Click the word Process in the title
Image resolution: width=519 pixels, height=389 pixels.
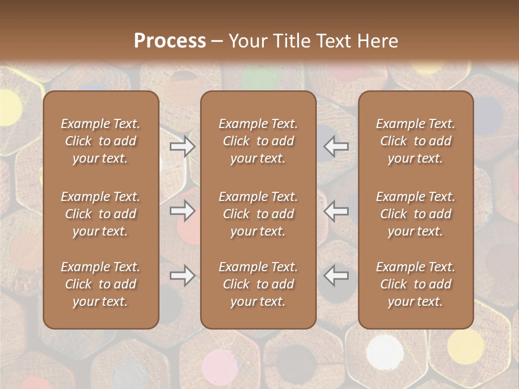(x=170, y=41)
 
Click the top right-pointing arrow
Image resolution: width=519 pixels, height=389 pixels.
(x=182, y=146)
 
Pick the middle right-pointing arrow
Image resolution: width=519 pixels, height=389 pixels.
(x=182, y=211)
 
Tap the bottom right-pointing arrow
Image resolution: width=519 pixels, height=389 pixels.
(x=182, y=276)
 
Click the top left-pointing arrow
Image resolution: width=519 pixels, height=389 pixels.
(x=336, y=146)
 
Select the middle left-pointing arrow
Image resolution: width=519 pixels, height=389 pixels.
(x=336, y=211)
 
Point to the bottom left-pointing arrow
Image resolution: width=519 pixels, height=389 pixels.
(x=336, y=276)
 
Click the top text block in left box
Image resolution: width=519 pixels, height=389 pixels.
(x=101, y=141)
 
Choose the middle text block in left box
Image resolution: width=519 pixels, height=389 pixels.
(x=101, y=214)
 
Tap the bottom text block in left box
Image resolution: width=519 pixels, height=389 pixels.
(x=101, y=284)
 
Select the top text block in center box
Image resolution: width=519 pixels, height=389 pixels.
(x=258, y=141)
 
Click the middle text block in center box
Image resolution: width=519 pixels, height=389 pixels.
(x=258, y=214)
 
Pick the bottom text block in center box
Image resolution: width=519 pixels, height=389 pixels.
(x=258, y=284)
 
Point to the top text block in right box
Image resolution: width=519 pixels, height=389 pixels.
(x=416, y=141)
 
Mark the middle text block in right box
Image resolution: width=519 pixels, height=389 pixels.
(x=416, y=214)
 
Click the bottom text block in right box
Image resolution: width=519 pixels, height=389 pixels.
(x=416, y=284)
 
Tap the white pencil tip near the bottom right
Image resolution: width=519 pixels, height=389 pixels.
(x=385, y=352)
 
